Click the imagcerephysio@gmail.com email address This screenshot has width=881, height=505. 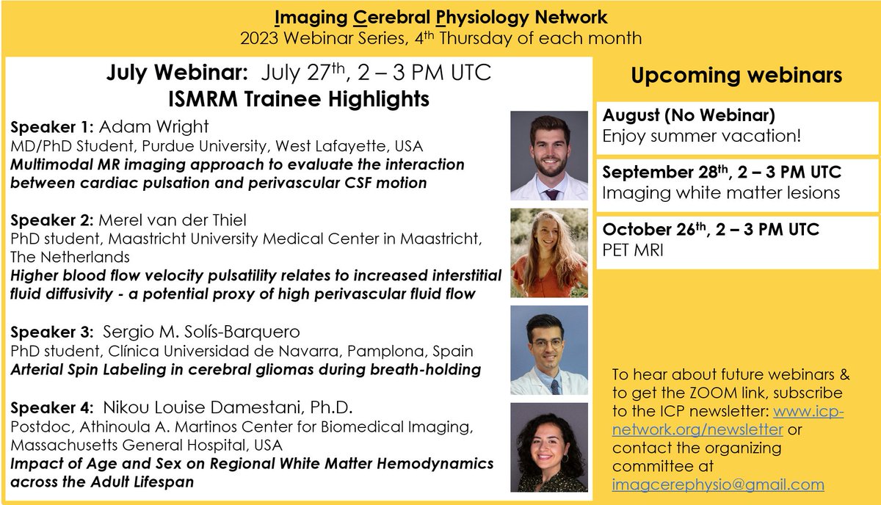(718, 484)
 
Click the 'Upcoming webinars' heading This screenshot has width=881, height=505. (737, 76)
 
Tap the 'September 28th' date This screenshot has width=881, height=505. (657, 174)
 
